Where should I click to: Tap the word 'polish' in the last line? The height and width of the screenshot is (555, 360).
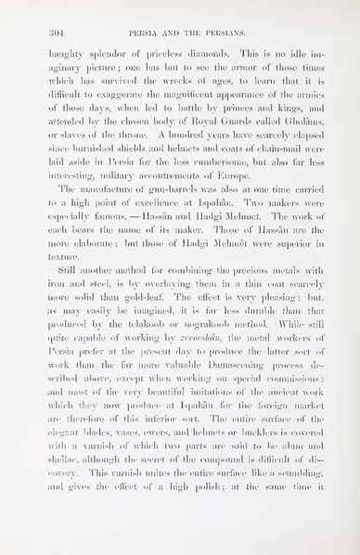pos(211,536)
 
